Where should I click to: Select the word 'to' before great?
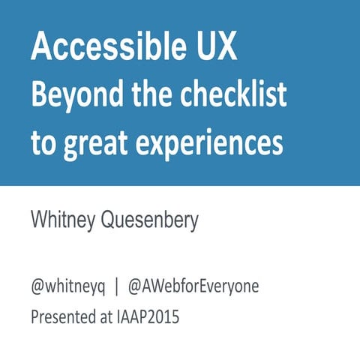click(x=43, y=142)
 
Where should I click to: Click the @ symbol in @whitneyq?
click(x=37, y=287)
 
